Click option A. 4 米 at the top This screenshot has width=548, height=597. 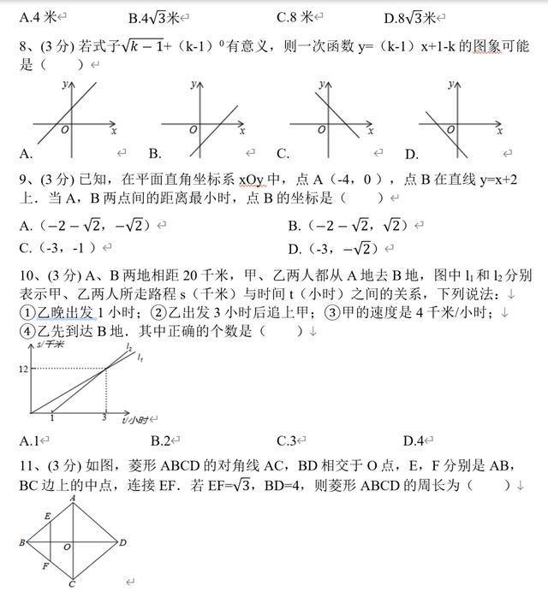pyautogui.click(x=41, y=17)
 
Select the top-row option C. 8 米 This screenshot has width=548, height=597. pyautogui.click(x=299, y=17)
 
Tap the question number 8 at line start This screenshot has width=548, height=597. pyautogui.click(x=24, y=48)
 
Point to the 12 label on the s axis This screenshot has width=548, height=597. pyautogui.click(x=23, y=369)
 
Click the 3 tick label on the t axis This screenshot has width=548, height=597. pyautogui.click(x=104, y=418)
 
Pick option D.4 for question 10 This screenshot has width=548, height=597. pyautogui.click(x=414, y=441)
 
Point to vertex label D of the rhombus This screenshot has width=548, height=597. pyautogui.click(x=123, y=542)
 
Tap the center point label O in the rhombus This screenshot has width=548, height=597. pyautogui.click(x=67, y=547)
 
